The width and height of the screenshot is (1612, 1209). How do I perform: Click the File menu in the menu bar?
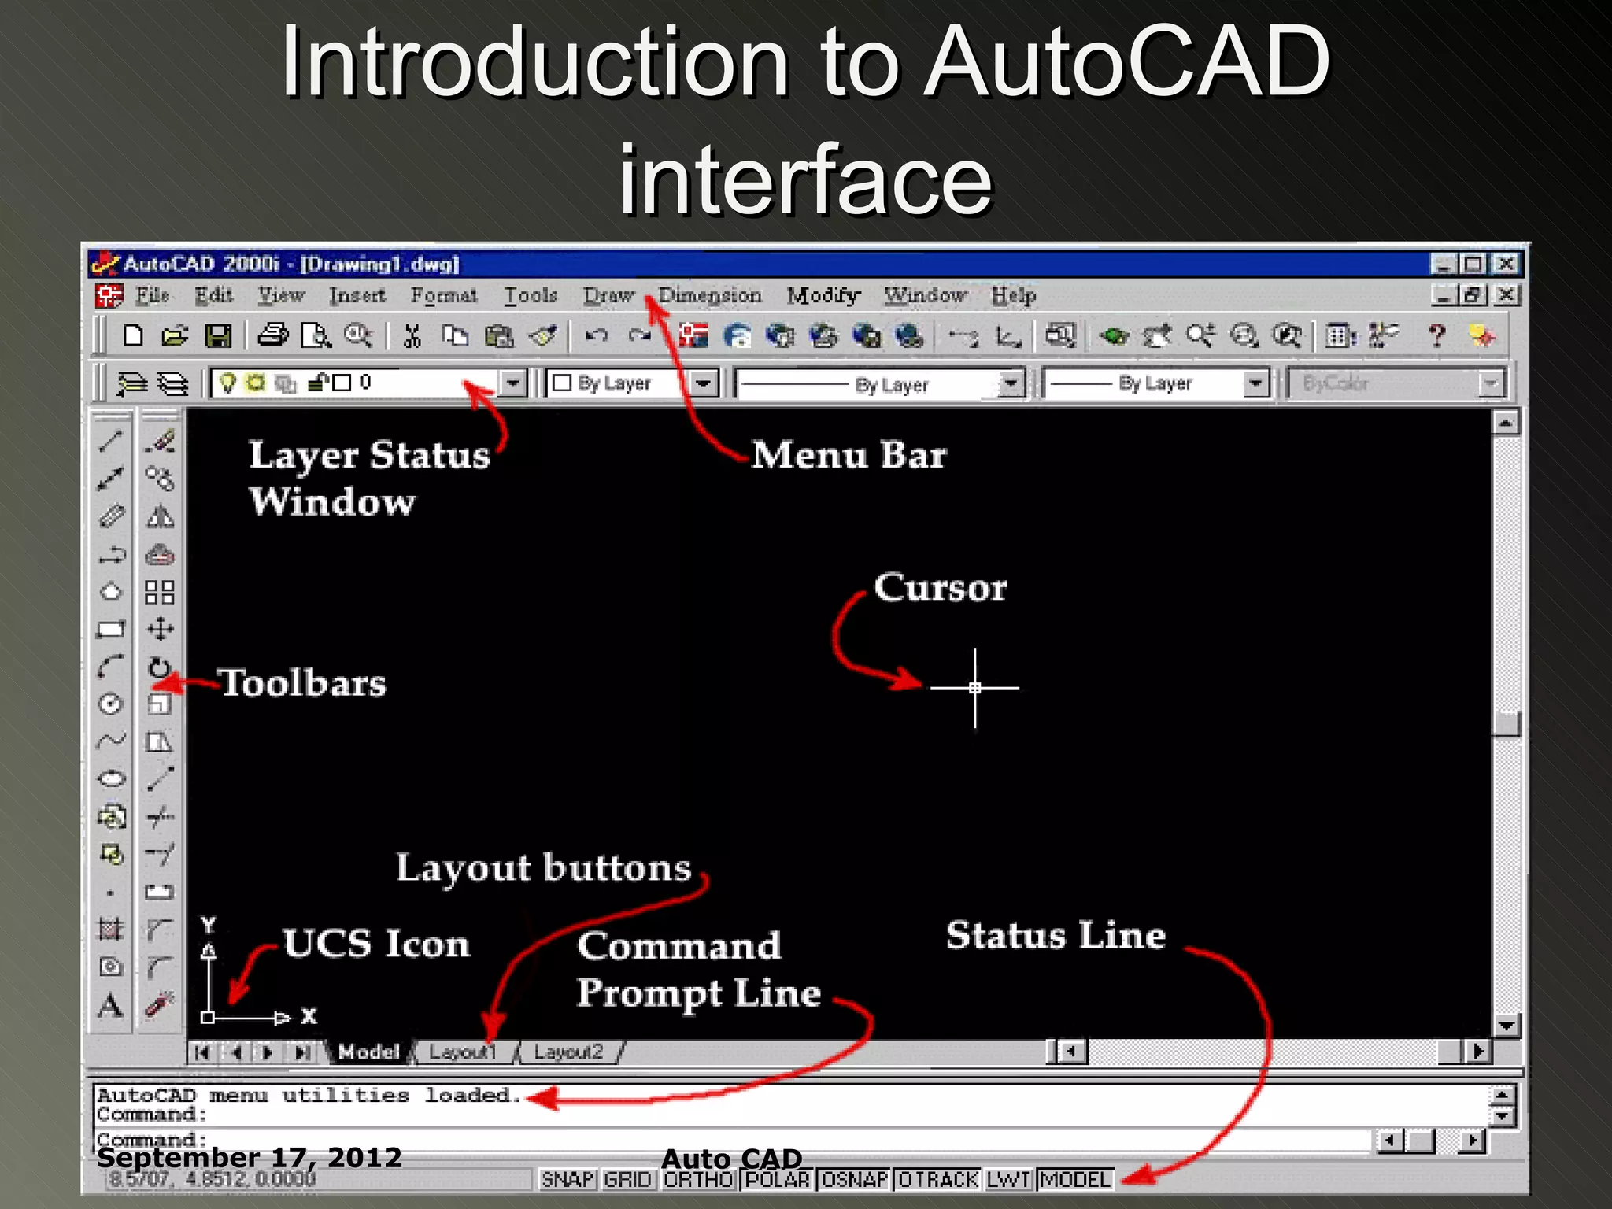coord(152,295)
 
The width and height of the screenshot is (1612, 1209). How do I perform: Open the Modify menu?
coord(823,295)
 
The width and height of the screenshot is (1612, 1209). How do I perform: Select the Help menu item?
coord(1013,295)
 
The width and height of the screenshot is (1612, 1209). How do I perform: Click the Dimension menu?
coord(710,295)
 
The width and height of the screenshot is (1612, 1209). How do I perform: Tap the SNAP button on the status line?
coord(568,1179)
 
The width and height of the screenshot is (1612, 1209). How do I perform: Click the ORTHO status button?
coord(698,1179)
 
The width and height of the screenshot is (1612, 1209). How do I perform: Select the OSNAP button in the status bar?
coord(855,1179)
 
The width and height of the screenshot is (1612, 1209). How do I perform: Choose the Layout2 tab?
coord(568,1052)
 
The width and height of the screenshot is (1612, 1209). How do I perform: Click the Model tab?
coord(368,1052)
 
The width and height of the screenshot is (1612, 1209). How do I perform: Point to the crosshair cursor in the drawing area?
coord(974,687)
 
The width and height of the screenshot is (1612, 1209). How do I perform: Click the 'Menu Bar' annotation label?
coord(849,455)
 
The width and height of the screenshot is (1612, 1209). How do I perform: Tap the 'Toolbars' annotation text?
coord(303,683)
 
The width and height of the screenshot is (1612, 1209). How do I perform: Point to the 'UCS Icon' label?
coord(376,943)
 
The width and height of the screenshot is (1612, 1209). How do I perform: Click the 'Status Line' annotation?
coord(1056,935)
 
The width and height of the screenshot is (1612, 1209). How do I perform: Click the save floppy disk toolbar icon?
coord(218,336)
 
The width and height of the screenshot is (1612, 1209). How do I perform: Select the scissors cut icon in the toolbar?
coord(412,336)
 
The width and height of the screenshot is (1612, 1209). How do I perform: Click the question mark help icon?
coord(1436,336)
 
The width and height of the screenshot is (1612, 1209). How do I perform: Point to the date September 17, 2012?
coord(249,1157)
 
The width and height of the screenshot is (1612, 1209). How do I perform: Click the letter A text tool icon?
coord(111,1005)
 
